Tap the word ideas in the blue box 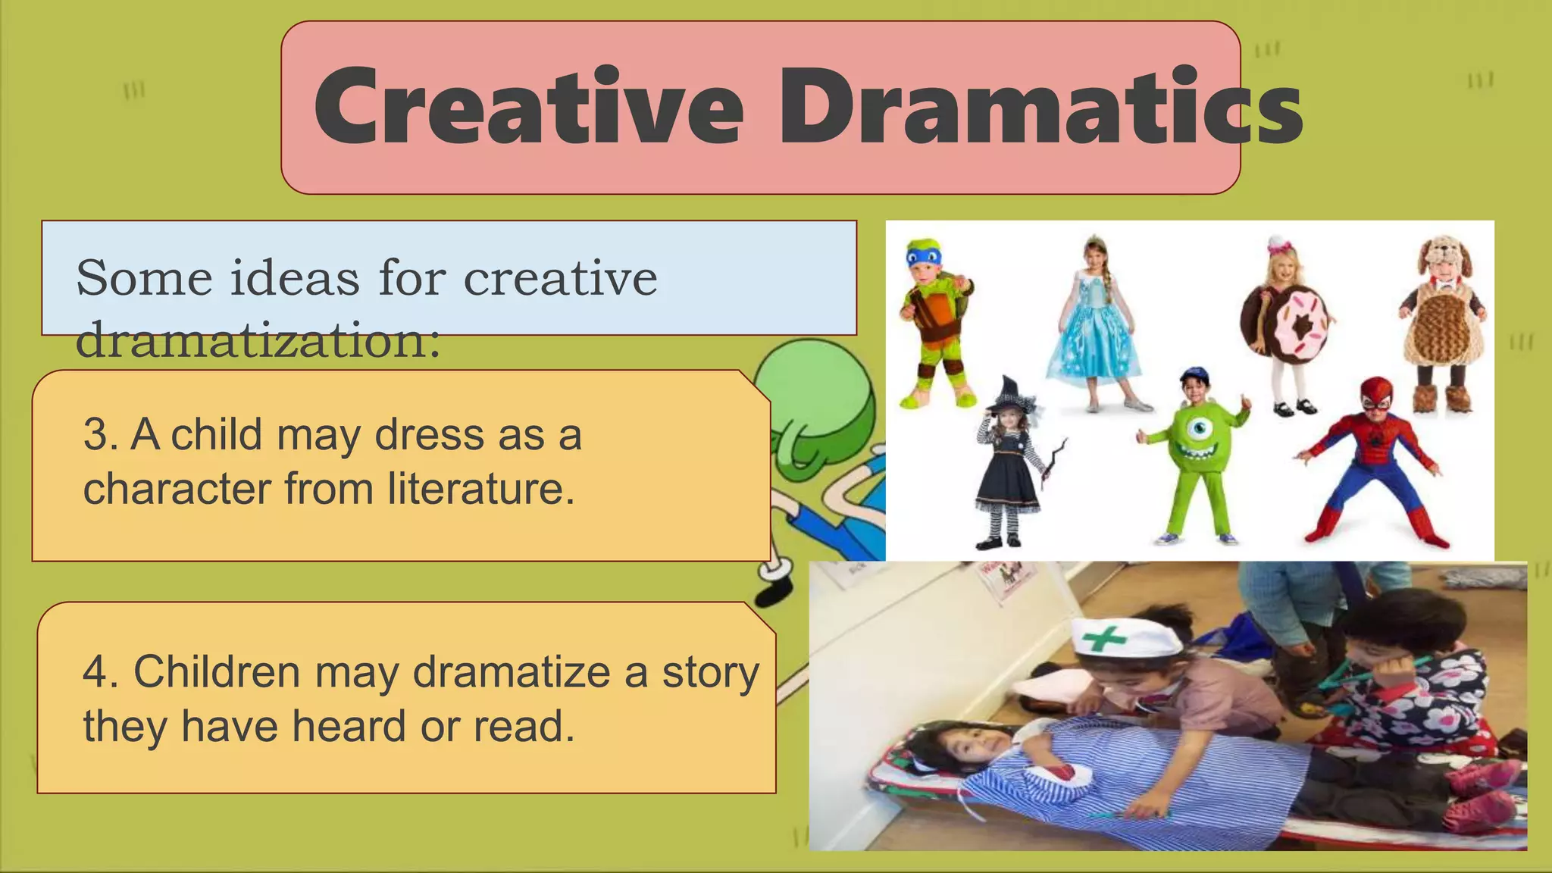point(294,278)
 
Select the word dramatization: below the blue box point(258,340)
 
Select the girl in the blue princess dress point(1094,322)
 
